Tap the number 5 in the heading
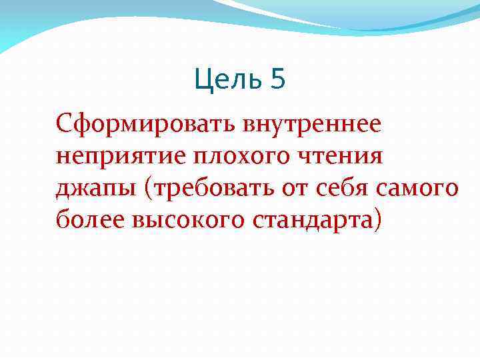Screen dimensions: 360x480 point(278,80)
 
